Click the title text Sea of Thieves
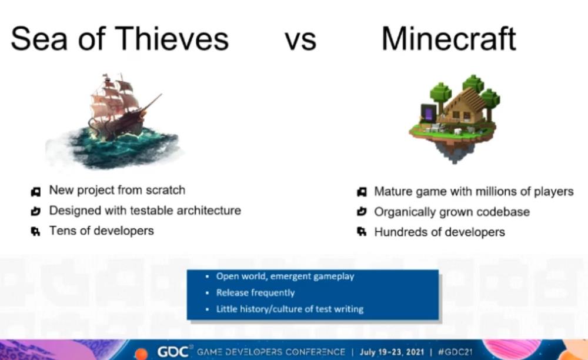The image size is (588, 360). (x=119, y=39)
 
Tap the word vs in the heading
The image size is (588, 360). (x=300, y=41)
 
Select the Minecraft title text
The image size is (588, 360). (x=449, y=39)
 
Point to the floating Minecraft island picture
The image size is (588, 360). (x=455, y=118)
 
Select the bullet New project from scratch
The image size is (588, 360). (x=117, y=190)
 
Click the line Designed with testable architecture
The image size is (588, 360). (x=145, y=211)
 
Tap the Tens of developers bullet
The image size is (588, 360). (x=102, y=231)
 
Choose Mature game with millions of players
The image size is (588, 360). (x=474, y=192)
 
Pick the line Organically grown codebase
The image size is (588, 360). (x=452, y=212)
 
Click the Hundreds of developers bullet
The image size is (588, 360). (x=439, y=232)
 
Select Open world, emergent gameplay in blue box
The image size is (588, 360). (x=285, y=276)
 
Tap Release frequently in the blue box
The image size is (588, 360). (x=255, y=292)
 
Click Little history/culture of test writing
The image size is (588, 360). (x=290, y=309)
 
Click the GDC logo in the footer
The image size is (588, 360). (x=173, y=352)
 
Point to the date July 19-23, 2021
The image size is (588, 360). (x=392, y=352)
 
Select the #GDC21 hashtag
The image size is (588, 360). (x=455, y=352)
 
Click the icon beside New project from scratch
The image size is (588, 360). (x=36, y=192)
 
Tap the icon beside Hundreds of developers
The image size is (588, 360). (x=362, y=232)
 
